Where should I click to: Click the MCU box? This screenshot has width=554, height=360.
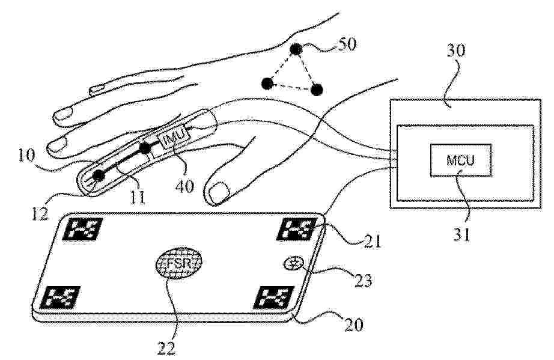460,160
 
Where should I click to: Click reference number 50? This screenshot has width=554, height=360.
347,44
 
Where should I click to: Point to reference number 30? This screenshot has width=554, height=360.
456,51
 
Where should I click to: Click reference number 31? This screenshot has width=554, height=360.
462,234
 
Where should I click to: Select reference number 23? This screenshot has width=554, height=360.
363,281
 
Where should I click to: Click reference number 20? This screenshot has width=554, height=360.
354,325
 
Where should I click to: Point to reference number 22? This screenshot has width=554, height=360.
166,349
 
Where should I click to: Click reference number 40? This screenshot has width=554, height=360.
185,186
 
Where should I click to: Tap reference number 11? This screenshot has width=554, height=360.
137,198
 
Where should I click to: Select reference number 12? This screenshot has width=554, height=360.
39,214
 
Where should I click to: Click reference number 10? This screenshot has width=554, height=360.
26,156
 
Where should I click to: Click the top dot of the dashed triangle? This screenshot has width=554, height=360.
296,49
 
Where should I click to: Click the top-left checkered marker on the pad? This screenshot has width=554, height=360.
82,229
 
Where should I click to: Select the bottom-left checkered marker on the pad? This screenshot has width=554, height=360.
59,297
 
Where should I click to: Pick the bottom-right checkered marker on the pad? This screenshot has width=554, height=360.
273,297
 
